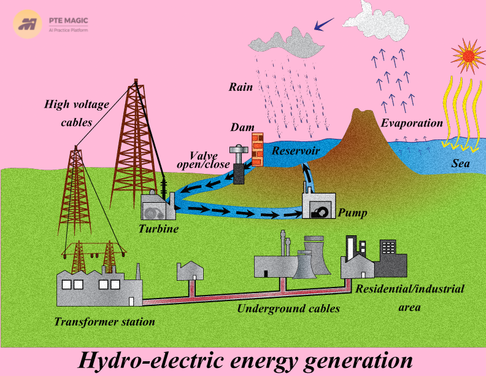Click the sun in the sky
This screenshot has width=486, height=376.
pyautogui.click(x=468, y=56)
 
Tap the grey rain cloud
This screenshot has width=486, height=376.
pyautogui.click(x=287, y=43)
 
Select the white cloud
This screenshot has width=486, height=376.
pyautogui.click(x=376, y=22)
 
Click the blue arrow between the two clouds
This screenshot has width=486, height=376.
pyautogui.click(x=324, y=24)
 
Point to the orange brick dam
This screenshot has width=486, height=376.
pyautogui.click(x=257, y=149)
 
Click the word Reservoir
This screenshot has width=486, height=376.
pyautogui.click(x=296, y=151)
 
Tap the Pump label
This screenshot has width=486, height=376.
pyautogui.click(x=352, y=213)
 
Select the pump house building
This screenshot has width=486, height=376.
pyautogui.click(x=318, y=206)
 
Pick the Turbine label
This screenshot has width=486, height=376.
pyautogui.click(x=158, y=229)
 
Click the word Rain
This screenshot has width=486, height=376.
pyautogui.click(x=241, y=87)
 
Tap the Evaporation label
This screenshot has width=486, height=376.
pyautogui.click(x=412, y=123)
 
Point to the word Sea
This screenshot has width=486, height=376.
pyautogui.click(x=460, y=163)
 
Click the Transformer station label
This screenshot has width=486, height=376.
pyautogui.click(x=104, y=322)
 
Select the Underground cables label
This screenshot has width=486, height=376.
pyautogui.click(x=288, y=308)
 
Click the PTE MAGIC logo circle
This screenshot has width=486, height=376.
pyautogui.click(x=28, y=24)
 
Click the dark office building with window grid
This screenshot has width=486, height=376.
pyautogui.click(x=390, y=259)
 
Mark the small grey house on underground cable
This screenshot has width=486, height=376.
pyautogui.click(x=190, y=271)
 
